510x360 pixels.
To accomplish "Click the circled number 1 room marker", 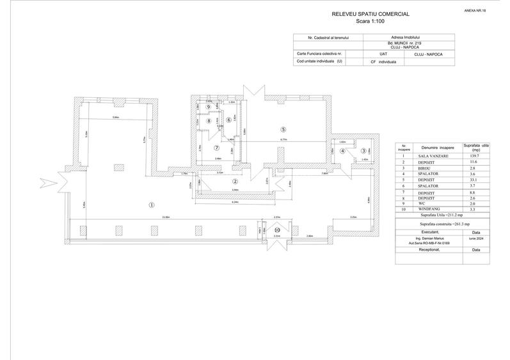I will coord(152,205).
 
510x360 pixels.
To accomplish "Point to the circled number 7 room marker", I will coord(216,148).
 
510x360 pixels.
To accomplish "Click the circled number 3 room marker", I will coord(363,151).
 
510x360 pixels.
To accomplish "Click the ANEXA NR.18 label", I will coord(474,12).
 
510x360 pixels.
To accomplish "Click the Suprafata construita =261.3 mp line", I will coord(440,225).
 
